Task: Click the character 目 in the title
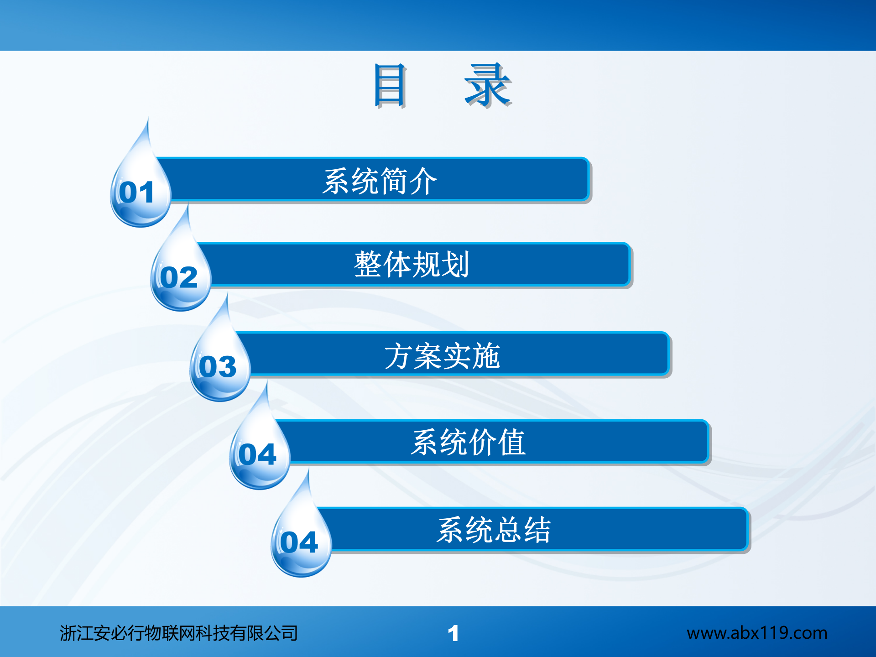389,85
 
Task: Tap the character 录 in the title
487,85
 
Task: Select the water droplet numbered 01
140,192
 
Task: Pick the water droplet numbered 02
180,276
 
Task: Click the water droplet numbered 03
219,366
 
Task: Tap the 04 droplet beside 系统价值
259,454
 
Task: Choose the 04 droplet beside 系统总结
301,542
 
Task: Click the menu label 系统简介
380,181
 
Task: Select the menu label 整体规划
411,265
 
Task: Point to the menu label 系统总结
494,530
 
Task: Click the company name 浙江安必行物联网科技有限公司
178,633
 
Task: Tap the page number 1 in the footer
453,634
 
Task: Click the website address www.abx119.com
756,633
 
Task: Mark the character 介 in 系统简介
423,181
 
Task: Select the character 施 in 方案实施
486,356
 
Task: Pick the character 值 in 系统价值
511,442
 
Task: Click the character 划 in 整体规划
455,265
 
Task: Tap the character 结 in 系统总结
537,530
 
